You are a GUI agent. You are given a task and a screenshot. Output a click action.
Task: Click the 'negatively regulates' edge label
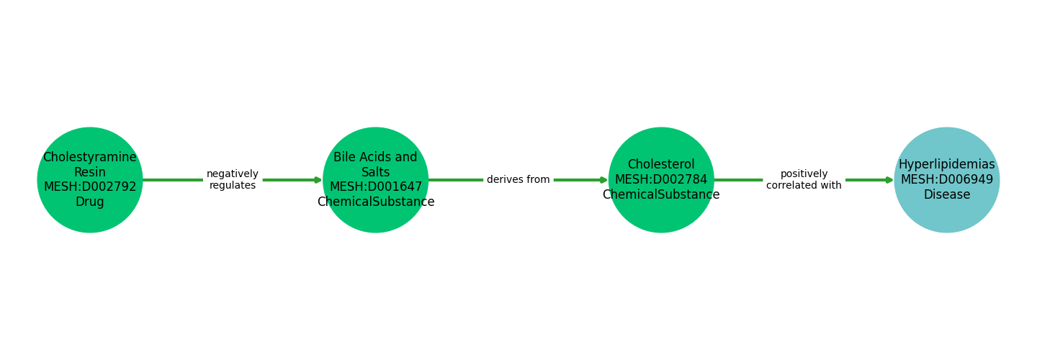tap(233, 180)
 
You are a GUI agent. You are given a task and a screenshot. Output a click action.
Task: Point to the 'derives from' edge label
tap(518, 180)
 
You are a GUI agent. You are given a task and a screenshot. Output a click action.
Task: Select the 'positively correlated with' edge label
tap(804, 180)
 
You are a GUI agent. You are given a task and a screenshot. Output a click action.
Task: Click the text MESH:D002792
tap(90, 187)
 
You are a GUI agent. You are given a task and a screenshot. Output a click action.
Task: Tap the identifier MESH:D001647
tap(376, 187)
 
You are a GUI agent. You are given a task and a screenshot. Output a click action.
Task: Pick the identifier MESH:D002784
tap(661, 180)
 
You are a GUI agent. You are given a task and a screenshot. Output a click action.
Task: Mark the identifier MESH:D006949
tap(946, 180)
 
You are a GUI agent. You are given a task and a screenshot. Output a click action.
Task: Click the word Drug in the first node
tap(90, 202)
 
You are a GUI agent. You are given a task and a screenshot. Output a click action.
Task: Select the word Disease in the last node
tap(946, 195)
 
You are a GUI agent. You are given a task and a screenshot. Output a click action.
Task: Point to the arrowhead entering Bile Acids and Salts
tap(318, 180)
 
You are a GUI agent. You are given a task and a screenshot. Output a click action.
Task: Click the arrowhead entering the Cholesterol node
tap(603, 180)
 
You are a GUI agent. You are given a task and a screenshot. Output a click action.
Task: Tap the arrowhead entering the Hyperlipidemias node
tap(889, 180)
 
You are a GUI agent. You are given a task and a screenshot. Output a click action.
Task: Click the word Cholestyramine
tap(90, 158)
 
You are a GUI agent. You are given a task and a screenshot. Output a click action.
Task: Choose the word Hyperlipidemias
tap(946, 165)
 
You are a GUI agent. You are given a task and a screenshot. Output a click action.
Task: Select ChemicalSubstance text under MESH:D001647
tap(376, 202)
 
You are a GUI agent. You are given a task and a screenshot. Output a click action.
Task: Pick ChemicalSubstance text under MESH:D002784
tap(661, 195)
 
